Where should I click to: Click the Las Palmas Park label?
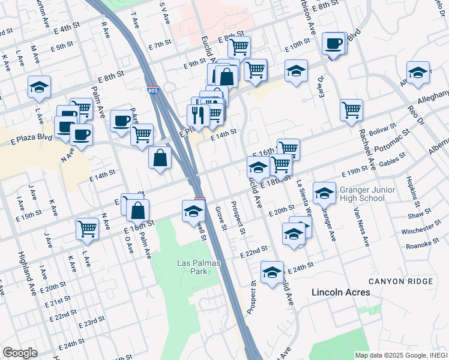pyautogui.click(x=200, y=267)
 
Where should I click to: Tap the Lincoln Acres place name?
pyautogui.click(x=340, y=292)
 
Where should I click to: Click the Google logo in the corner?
pyautogui.click(x=20, y=353)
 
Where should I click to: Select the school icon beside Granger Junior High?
pyautogui.click(x=324, y=192)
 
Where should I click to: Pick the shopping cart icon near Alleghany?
pyautogui.click(x=351, y=109)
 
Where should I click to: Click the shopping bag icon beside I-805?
pyautogui.click(x=160, y=158)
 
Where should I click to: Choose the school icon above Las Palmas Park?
pyautogui.click(x=194, y=211)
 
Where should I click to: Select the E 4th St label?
pyautogui.click(x=67, y=28)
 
